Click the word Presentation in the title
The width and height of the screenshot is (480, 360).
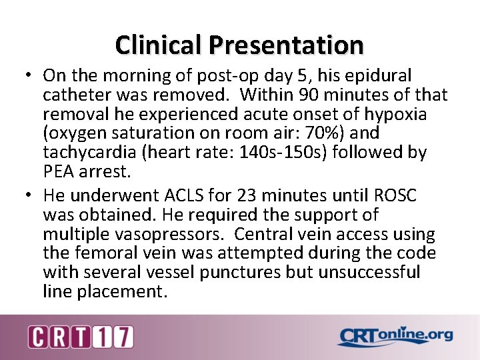tap(286, 45)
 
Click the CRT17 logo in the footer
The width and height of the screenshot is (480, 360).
tap(80, 337)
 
